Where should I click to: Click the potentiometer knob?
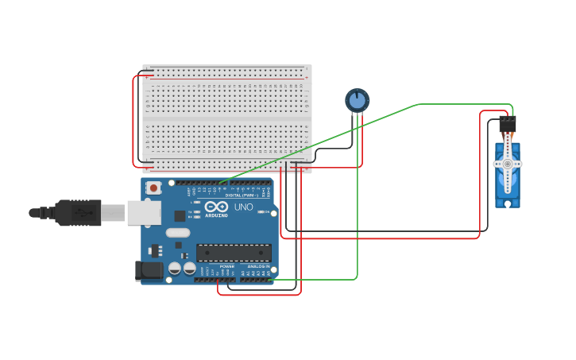click(358, 100)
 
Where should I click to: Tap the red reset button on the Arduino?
click(152, 188)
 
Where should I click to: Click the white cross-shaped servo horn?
click(507, 165)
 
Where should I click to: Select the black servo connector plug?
click(507, 125)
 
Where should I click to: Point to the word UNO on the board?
click(243, 207)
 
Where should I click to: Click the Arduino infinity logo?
click(216, 207)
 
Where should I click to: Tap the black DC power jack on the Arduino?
click(149, 271)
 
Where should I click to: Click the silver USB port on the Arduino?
click(144, 212)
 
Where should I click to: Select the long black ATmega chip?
click(234, 253)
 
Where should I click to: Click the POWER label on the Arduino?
click(227, 266)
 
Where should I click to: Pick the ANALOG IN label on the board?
click(257, 266)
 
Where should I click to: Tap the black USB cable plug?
click(78, 213)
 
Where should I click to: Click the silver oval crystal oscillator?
click(178, 234)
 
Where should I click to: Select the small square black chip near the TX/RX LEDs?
click(180, 215)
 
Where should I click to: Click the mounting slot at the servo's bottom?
click(507, 203)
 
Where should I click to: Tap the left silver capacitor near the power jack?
click(176, 269)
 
